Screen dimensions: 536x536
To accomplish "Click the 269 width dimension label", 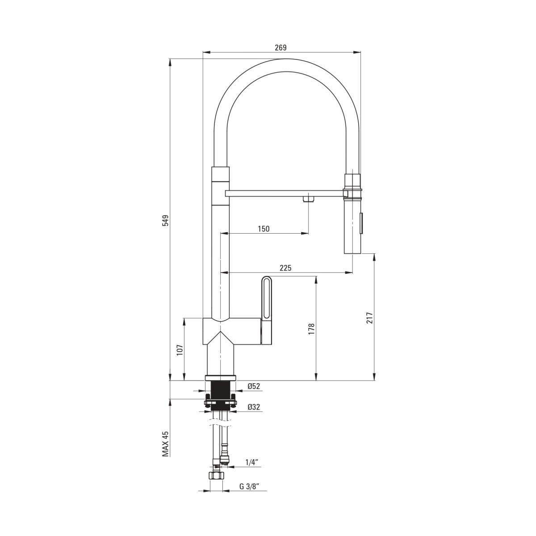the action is [x=281, y=47].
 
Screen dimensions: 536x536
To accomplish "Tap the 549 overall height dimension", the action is [x=166, y=221].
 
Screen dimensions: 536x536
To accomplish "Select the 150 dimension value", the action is [x=264, y=229].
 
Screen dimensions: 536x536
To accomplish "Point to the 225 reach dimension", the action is [x=286, y=268].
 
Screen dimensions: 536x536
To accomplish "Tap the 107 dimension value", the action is [x=180, y=350].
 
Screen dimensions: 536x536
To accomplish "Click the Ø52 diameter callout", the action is [x=254, y=386].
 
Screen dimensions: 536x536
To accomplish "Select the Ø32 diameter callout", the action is [x=254, y=407].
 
